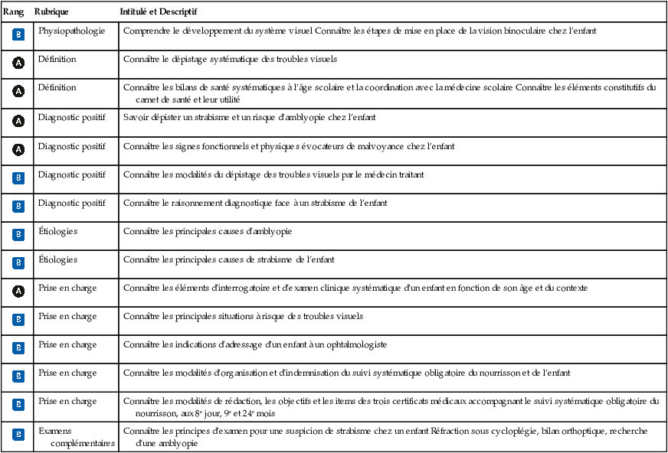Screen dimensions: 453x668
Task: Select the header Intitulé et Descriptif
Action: [159, 14]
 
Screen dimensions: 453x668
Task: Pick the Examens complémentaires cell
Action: [77, 437]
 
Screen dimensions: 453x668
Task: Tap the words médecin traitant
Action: [391, 174]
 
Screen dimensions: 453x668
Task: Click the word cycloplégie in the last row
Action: [521, 431]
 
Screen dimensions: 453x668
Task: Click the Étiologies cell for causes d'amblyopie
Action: [58, 231]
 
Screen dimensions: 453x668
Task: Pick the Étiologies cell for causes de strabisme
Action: [58, 259]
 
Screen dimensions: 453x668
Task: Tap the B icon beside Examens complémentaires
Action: [18, 435]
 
